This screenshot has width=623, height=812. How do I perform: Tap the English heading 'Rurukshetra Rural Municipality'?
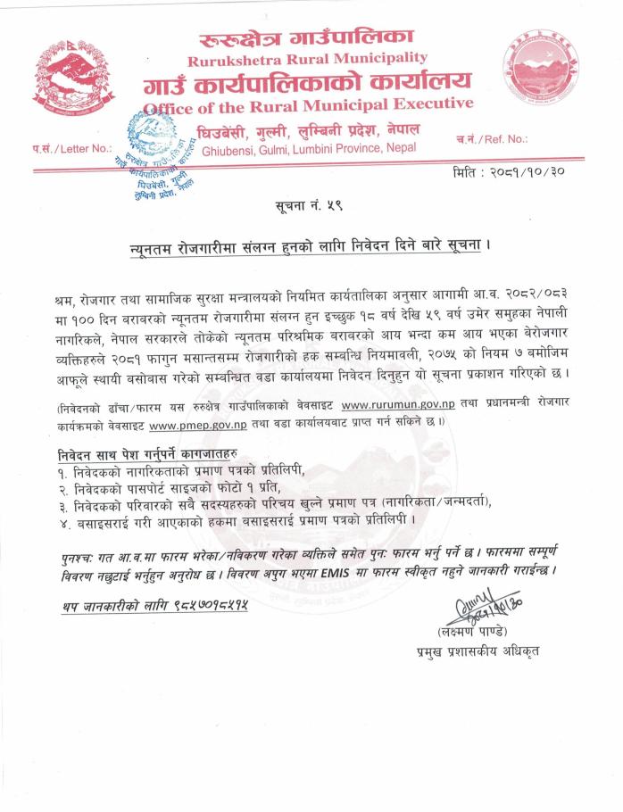tap(308, 60)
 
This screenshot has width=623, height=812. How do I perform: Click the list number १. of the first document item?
tap(61, 469)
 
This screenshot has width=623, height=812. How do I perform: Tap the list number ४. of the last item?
tap(61, 518)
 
